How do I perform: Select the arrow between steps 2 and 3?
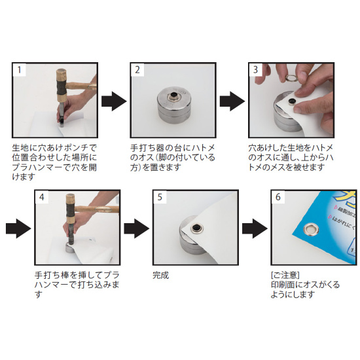click(232, 101)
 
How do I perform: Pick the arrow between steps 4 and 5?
click(135, 227)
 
